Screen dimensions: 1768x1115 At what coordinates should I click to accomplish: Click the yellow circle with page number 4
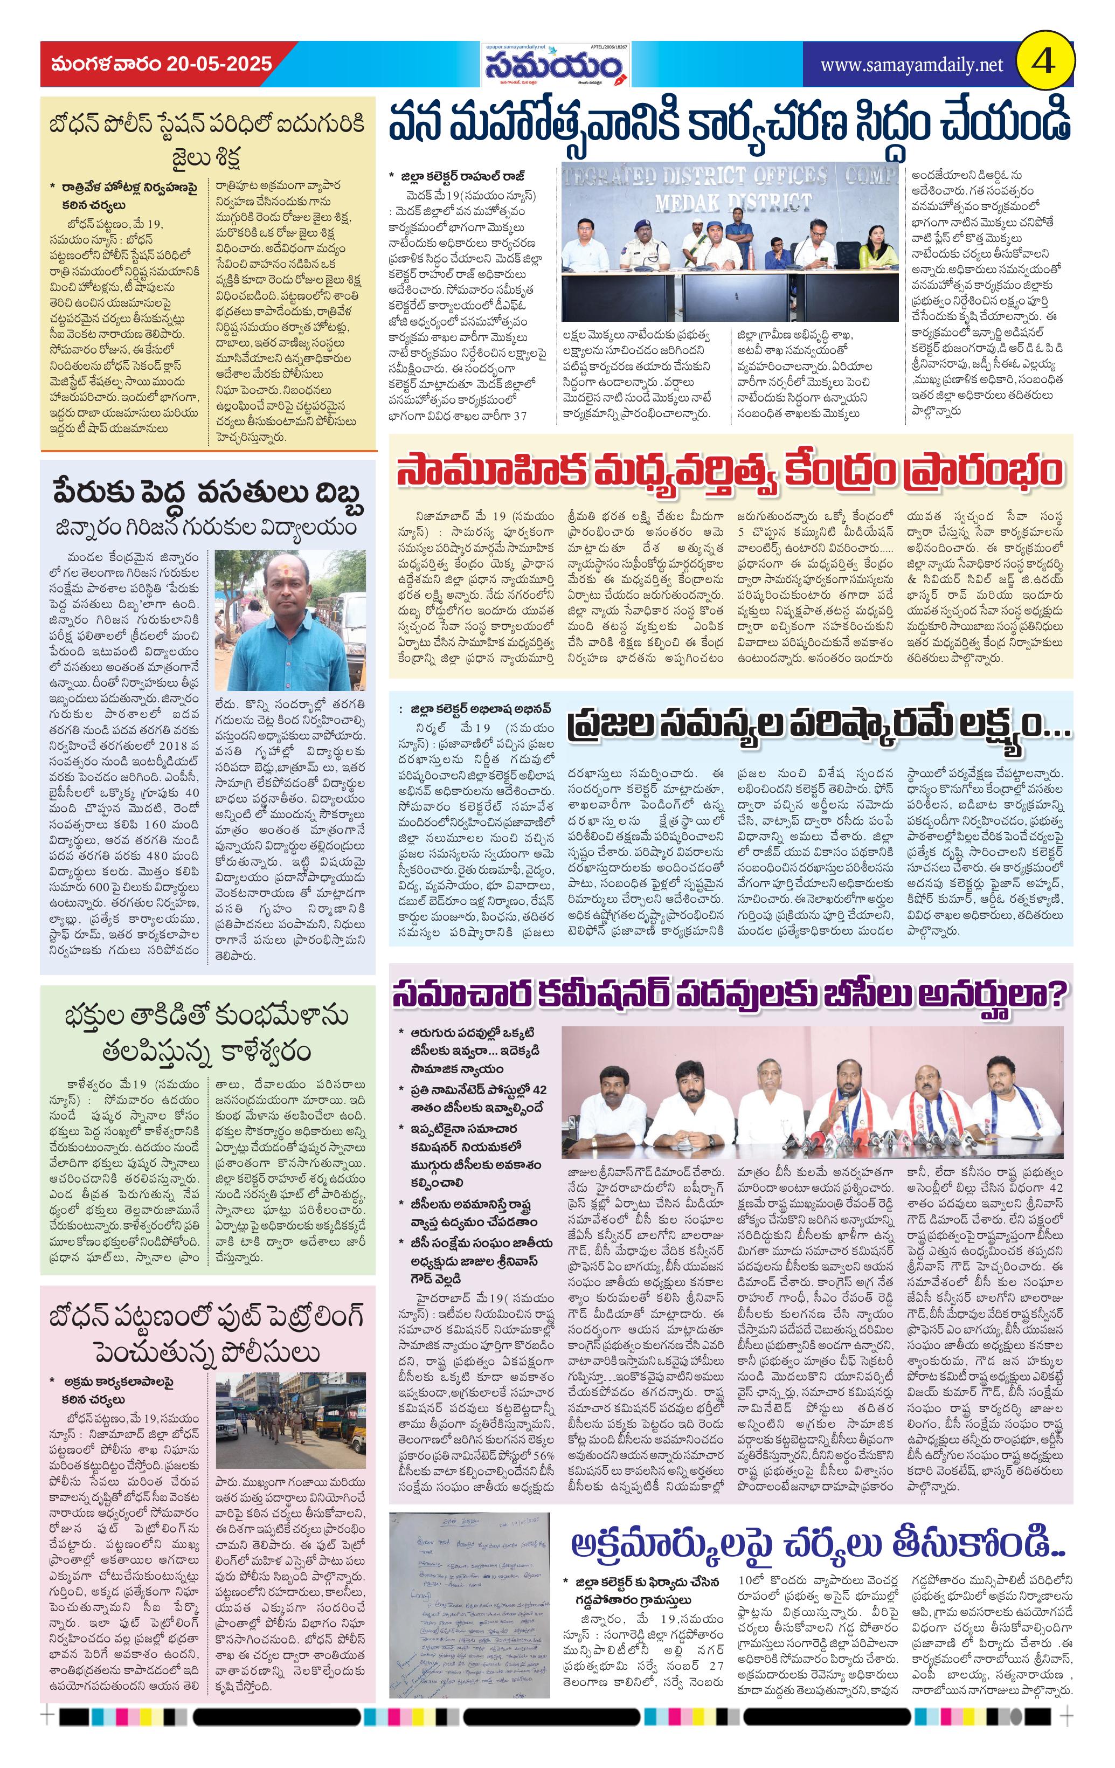point(1044,63)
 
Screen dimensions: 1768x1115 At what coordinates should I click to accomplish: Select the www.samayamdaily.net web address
point(911,65)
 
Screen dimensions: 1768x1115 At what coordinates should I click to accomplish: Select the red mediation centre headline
point(729,471)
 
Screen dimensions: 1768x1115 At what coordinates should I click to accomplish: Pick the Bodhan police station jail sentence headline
point(207,140)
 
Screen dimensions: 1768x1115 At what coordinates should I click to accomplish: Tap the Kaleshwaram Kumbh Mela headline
point(207,1034)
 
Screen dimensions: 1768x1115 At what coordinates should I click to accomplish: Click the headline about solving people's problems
point(819,728)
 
